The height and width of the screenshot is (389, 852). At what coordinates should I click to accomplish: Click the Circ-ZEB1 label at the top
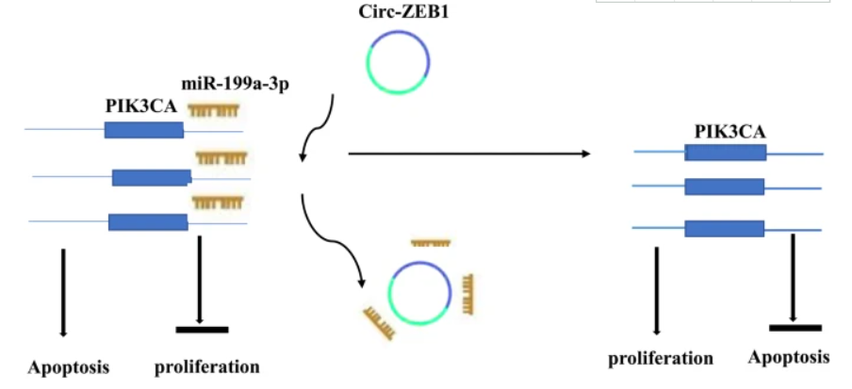coord(403,12)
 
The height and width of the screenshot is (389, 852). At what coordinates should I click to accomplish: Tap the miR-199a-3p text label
coord(234,86)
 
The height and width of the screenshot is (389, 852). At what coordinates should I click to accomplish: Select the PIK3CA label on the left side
coord(141,107)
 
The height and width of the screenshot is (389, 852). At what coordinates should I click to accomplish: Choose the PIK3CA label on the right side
coord(730,132)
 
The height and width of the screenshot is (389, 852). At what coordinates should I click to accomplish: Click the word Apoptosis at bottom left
coord(69,368)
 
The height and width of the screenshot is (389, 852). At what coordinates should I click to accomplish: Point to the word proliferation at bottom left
coord(207,368)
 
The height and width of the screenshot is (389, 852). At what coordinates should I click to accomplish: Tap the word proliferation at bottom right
coord(660,359)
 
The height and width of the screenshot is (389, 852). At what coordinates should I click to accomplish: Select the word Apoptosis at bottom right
coord(789,358)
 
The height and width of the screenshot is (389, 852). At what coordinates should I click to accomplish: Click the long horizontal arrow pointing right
coord(469,154)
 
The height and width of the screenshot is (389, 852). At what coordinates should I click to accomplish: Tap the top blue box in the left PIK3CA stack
coord(144,130)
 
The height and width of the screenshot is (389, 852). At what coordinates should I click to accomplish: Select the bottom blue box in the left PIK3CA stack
coord(148,222)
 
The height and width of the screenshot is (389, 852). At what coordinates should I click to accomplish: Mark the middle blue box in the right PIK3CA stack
coord(725,186)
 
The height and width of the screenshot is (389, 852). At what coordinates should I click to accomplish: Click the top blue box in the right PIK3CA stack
coord(726,153)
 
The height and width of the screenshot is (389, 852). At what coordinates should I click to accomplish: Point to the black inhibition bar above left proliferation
coord(202,330)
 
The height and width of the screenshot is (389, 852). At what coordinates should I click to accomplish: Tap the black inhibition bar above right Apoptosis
coord(795,328)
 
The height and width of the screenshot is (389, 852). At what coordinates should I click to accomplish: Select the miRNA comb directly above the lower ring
coord(431,242)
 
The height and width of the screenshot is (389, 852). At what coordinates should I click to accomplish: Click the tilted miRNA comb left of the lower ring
coord(379,323)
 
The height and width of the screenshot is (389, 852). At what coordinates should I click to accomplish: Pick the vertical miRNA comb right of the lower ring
coord(467,294)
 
